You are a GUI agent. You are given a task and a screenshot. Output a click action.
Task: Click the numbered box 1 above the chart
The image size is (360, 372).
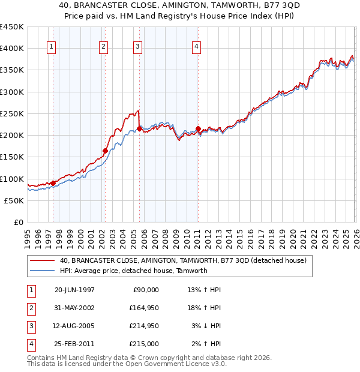[x=52, y=47]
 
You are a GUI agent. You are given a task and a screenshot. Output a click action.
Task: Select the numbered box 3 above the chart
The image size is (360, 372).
[x=138, y=47]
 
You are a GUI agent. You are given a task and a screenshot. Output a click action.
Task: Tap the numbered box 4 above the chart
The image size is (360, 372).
[x=196, y=47]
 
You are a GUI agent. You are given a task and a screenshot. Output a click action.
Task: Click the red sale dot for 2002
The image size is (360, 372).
[x=105, y=151]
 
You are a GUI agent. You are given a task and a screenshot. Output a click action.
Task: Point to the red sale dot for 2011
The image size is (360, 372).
[x=198, y=128]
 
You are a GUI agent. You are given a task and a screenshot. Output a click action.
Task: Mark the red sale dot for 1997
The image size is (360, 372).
[x=53, y=183]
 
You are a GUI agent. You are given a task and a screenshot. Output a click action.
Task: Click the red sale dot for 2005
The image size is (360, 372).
[x=139, y=128]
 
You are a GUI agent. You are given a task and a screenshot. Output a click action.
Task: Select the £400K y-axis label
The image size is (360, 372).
[x=12, y=49]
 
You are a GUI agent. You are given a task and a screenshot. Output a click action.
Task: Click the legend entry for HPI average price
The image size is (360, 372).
[x=133, y=271]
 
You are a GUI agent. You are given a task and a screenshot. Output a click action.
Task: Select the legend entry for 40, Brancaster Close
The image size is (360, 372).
[x=183, y=260]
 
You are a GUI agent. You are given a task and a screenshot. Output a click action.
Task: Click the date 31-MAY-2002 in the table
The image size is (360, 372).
[x=74, y=308]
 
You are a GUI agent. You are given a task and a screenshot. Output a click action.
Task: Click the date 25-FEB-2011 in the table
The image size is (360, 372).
[x=74, y=344]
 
